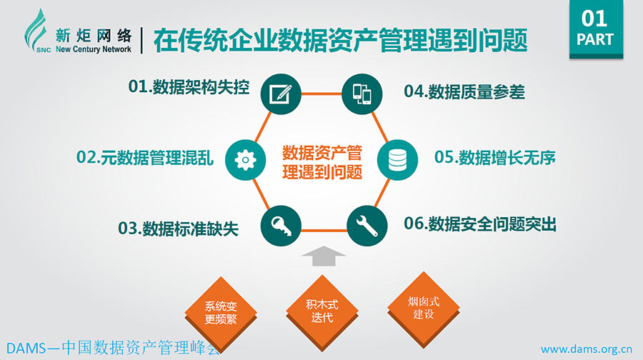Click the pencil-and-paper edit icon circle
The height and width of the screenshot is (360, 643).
281,94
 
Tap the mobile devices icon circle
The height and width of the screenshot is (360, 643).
362,94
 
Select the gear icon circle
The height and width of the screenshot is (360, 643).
246,160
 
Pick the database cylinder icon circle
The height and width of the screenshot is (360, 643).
397,160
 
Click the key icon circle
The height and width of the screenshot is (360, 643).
281,226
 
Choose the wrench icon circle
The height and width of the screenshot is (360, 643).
367,226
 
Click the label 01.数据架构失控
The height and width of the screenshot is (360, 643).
189,86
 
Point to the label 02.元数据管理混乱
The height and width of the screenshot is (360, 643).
145,157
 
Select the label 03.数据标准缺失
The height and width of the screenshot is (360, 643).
178,229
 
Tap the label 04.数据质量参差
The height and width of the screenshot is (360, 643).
464,91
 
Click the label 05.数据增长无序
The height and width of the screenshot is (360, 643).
495,157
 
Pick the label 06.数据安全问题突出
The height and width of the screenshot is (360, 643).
480,224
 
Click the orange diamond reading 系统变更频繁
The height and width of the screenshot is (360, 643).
221,312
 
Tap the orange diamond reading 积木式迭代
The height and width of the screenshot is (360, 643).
322,311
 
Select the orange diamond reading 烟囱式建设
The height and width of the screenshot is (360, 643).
424,309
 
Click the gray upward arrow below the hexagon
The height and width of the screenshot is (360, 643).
324,256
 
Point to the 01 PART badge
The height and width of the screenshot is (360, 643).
597,29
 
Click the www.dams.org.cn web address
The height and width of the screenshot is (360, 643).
587,349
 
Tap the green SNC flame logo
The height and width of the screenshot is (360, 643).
37,31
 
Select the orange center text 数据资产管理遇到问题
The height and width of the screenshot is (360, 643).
322,162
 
